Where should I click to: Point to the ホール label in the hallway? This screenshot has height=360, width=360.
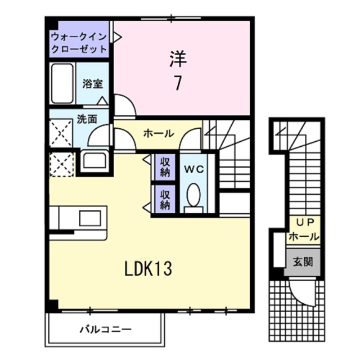158,133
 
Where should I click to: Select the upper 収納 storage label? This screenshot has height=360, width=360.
165,168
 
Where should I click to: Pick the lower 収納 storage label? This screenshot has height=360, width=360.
165,200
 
